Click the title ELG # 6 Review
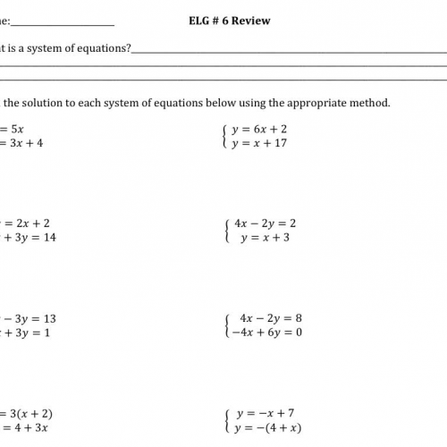pos(230,21)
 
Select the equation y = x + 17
pos(259,143)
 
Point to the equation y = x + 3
pos(265,238)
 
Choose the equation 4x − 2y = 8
pos(272,318)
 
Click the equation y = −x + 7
pos(266,414)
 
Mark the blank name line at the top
pos(63,24)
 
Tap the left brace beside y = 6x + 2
pos(223,136)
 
